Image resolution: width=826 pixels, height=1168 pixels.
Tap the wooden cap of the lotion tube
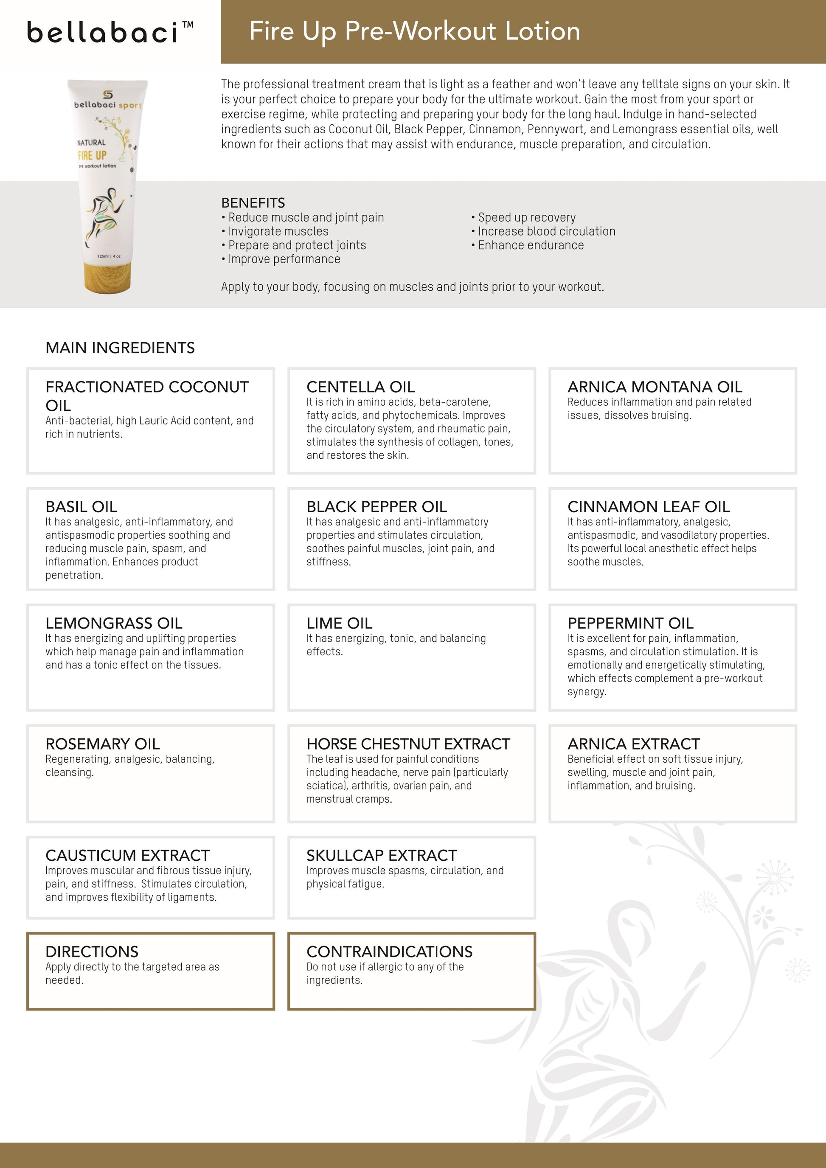pos(109,277)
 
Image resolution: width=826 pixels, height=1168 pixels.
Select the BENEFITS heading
pos(253,203)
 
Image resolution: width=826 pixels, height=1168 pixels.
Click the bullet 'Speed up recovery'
pos(526,218)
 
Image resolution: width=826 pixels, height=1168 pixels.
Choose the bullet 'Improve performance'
pos(284,259)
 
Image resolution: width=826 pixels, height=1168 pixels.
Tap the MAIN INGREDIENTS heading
pos(120,348)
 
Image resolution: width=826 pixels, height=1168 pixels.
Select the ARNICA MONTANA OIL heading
pos(655,387)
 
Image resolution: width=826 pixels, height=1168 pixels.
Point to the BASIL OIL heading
pos(81,507)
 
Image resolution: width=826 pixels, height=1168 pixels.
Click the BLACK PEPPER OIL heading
pos(376,507)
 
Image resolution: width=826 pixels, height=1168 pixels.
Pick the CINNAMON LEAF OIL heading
pos(649,507)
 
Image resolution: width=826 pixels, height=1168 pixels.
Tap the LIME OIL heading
pos(339,623)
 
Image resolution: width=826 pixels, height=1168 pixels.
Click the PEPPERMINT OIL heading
pos(630,623)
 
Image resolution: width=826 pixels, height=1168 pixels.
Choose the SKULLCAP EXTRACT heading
pos(382,856)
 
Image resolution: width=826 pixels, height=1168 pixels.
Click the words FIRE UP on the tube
pos(92,156)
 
